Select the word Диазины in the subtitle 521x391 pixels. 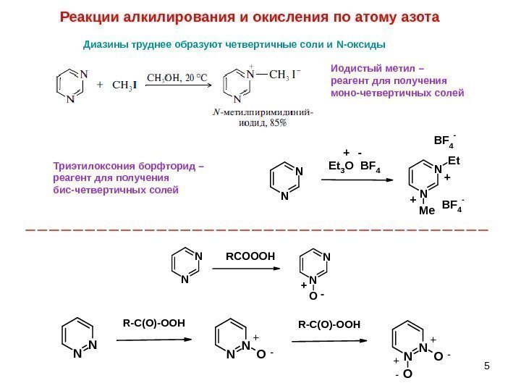point(106,46)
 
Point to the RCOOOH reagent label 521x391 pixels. point(250,256)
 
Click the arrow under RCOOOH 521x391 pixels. point(246,269)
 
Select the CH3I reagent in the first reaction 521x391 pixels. point(122,84)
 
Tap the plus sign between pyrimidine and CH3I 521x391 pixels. point(99,84)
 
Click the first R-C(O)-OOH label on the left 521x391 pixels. point(155,324)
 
